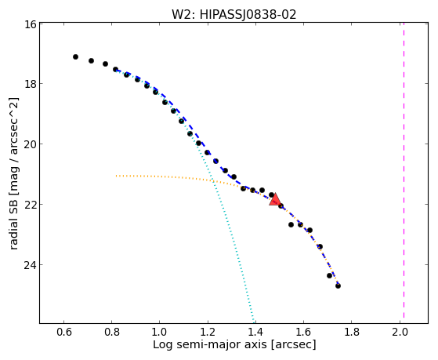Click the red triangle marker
coord(275,200)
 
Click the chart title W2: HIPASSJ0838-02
coord(233,15)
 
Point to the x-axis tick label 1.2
coord(208,333)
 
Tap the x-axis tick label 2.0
coord(400,333)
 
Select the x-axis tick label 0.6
coord(64,333)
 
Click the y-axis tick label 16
coord(31,24)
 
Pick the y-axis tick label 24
coord(31,265)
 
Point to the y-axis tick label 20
coord(31,144)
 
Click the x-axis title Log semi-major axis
coord(209,345)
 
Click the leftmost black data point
coord(75,56)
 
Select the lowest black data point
coord(338,285)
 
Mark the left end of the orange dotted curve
coord(117,176)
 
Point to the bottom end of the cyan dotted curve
coord(254,322)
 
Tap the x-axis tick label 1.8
coord(351,333)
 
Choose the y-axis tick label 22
coord(31,205)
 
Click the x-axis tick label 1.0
coord(159,333)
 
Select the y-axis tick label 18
coord(31,84)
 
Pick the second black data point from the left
coord(91,60)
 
